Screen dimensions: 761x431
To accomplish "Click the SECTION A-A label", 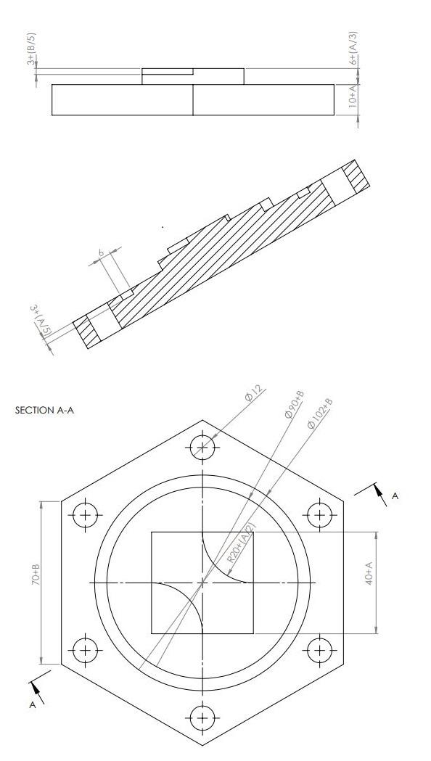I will tap(44, 411).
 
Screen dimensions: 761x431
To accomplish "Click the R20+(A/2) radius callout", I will tap(240, 546).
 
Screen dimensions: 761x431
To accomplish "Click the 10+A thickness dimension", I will tap(353, 97).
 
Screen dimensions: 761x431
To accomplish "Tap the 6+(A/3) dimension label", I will tap(353, 49).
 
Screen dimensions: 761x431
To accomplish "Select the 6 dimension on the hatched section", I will tap(102, 254).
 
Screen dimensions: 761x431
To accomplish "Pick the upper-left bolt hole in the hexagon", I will tap(86, 515).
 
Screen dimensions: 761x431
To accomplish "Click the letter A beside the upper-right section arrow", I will tap(395, 495).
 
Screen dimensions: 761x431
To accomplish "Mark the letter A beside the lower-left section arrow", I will tap(33, 704).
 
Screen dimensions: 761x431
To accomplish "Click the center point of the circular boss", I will tap(202, 583).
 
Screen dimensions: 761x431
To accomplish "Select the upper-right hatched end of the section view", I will tap(353, 178).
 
